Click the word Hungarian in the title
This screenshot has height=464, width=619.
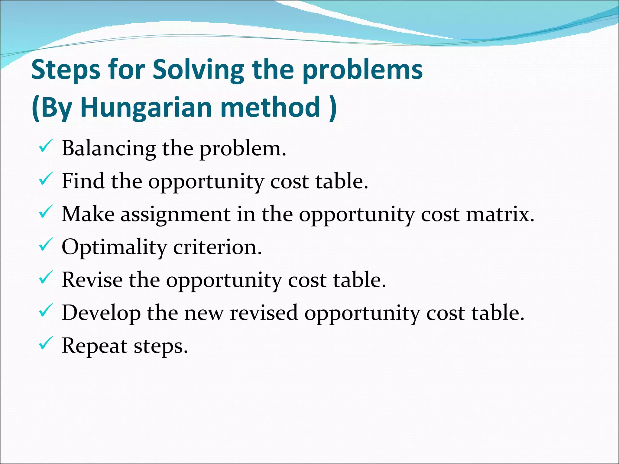pos(147,107)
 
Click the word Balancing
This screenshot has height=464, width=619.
pos(109,149)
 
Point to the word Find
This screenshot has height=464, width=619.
pos(83,181)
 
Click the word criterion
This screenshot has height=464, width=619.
pos(217,247)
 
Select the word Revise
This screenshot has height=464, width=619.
pos(92,280)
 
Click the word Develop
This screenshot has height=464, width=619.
pos(101,313)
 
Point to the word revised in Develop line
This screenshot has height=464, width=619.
pos(264,313)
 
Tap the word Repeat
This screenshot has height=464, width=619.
pos(94,346)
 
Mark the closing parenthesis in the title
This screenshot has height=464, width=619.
pos(332,107)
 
